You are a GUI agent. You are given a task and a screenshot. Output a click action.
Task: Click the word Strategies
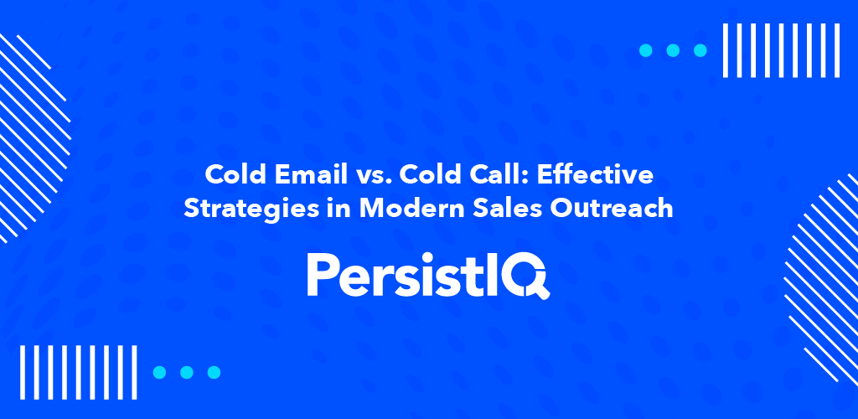click(x=241, y=209)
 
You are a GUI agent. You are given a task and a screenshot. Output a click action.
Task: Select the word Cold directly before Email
click(x=232, y=177)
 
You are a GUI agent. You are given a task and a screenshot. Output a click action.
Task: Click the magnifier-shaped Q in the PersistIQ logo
click(x=530, y=276)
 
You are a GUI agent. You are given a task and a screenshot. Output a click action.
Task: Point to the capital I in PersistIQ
click(x=500, y=275)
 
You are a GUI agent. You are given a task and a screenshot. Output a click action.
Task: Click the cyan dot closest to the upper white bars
click(x=700, y=50)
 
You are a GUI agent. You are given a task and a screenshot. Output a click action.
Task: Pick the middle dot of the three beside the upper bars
click(x=673, y=50)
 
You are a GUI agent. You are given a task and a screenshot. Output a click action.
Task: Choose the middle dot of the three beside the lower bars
click(x=187, y=372)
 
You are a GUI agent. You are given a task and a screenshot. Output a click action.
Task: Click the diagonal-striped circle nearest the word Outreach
click(x=825, y=251)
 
